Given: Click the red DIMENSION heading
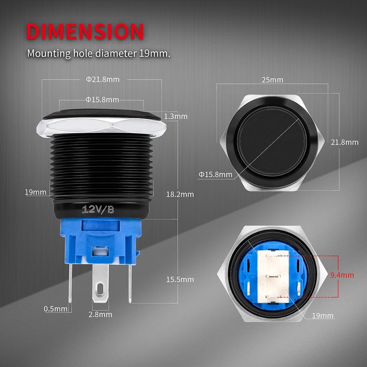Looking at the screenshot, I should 85,31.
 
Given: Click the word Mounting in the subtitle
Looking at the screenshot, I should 49,53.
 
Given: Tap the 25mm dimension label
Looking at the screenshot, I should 272,80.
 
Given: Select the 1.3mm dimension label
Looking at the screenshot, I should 175,117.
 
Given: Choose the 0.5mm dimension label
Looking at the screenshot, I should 56,309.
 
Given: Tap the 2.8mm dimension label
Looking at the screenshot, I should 100,314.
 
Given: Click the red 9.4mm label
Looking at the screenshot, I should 342,275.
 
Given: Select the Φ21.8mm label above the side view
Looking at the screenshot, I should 102,79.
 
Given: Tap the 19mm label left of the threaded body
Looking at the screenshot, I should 35,192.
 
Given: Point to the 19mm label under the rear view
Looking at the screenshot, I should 322,316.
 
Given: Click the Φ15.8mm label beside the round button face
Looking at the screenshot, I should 215,174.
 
